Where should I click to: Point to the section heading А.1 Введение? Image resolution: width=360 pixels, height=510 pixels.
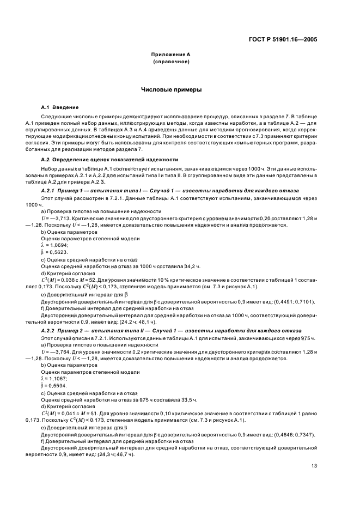coord(60,107)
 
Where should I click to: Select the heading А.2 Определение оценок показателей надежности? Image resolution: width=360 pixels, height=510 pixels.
coord(109,159)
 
